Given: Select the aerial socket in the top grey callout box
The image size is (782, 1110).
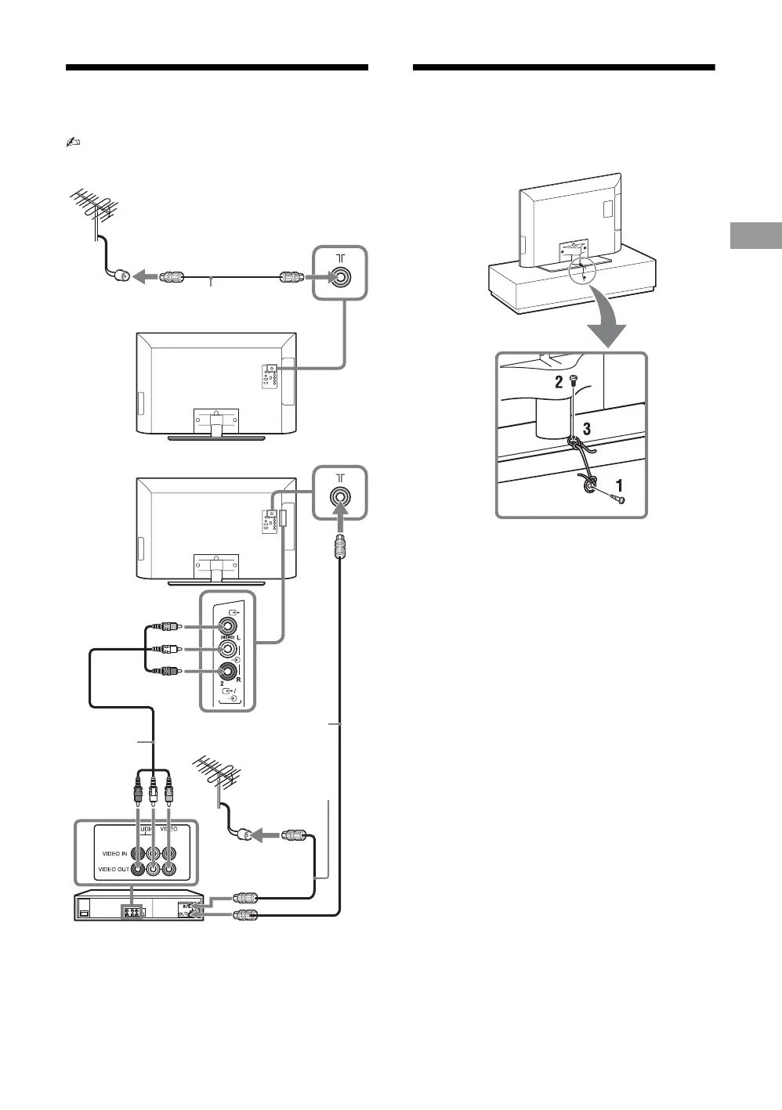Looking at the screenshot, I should pyautogui.click(x=340, y=277).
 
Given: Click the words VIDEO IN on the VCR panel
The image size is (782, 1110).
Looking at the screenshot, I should pyautogui.click(x=114, y=853).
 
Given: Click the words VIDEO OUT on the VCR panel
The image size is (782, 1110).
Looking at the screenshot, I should pyautogui.click(x=114, y=869).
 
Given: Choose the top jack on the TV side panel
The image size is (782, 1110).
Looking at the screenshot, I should pyautogui.click(x=227, y=626).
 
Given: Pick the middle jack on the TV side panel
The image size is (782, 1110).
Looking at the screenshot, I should pyautogui.click(x=227, y=649).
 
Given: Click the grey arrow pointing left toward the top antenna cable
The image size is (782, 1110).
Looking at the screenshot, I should pyautogui.click(x=145, y=277).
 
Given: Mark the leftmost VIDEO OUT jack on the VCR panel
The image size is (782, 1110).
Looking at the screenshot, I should pyautogui.click(x=138, y=869).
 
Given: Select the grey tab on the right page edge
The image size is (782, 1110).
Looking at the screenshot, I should pyautogui.click(x=755, y=236).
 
